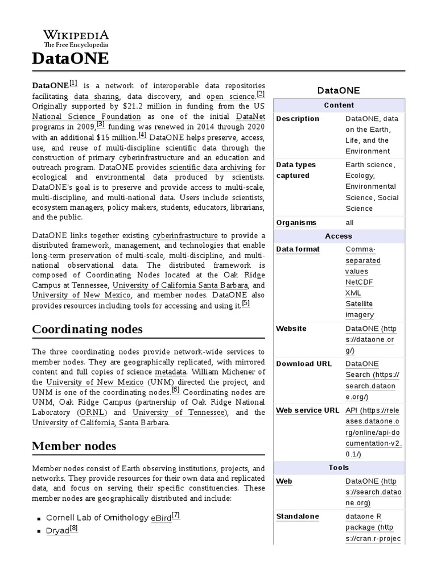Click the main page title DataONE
click(x=70, y=59)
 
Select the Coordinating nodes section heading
click(x=87, y=329)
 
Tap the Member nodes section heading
click(x=74, y=446)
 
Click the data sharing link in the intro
click(x=97, y=97)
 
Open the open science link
click(x=230, y=97)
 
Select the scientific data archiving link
click(x=211, y=168)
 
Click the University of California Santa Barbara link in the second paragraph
click(x=180, y=285)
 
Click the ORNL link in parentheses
click(x=96, y=412)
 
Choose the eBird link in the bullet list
click(x=161, y=518)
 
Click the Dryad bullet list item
click(x=57, y=531)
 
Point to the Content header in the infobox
click(x=339, y=105)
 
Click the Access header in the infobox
click(x=339, y=236)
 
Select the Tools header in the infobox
click(x=339, y=468)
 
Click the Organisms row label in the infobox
click(x=296, y=222)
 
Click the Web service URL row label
click(x=307, y=410)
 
